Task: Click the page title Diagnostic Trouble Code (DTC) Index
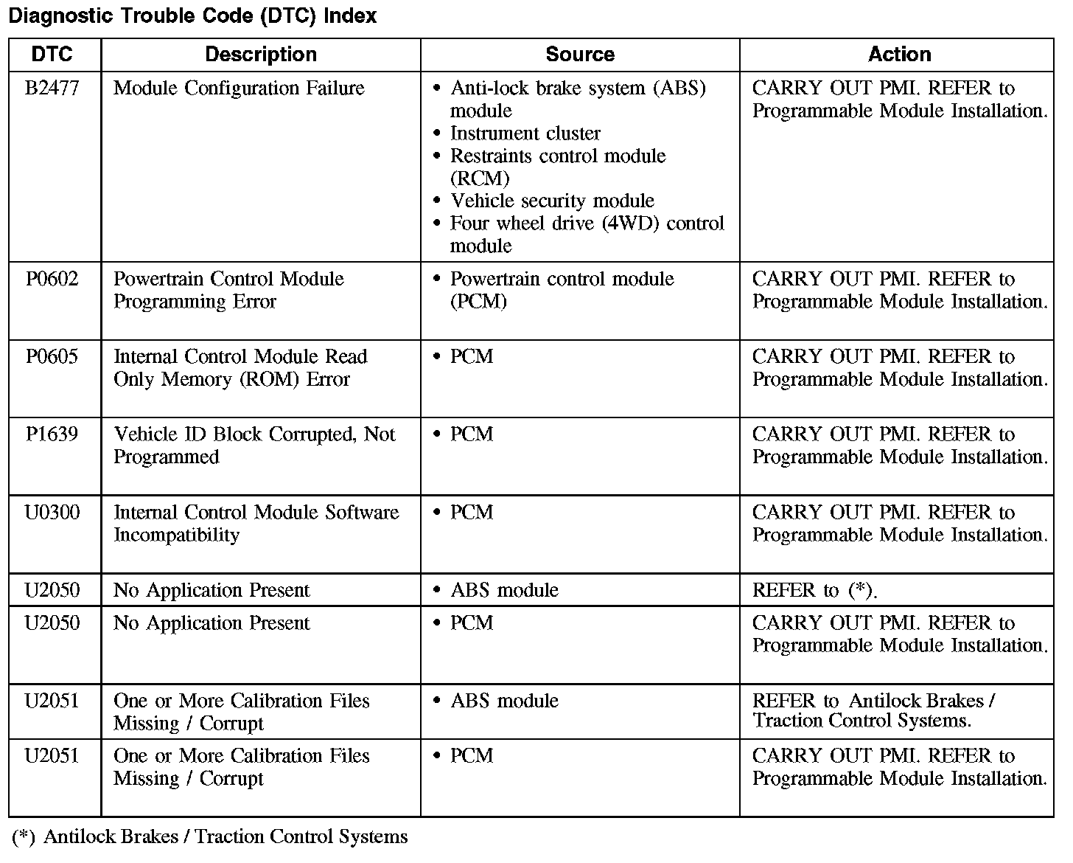point(192,16)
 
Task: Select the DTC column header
point(53,55)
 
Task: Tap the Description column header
point(260,55)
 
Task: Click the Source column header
point(579,55)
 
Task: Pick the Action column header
point(899,55)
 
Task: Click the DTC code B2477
point(52,89)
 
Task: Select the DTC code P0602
point(52,280)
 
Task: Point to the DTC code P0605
point(52,357)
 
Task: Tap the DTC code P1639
point(52,434)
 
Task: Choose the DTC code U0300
point(52,513)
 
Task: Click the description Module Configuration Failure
point(239,89)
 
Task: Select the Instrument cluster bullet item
point(525,134)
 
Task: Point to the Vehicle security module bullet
point(552,201)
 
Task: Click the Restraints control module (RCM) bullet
point(557,167)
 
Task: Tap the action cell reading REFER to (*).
point(814,591)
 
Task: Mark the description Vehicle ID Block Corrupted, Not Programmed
point(254,446)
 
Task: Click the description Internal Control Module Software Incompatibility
point(256,524)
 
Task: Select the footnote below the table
point(210,837)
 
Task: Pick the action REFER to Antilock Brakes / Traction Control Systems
point(873,711)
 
